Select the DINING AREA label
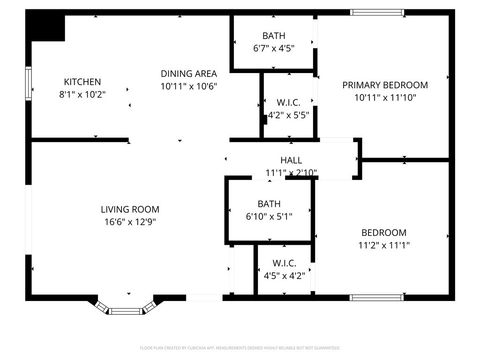coord(189,73)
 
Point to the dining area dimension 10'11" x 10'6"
coord(189,86)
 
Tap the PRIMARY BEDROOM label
coord(385,85)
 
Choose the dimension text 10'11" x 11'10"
coord(385,98)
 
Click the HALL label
coord(291,160)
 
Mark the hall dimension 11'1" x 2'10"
coord(291,173)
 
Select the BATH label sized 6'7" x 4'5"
coord(273,35)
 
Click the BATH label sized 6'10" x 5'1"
coord(269,204)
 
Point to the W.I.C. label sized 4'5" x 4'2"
coord(283,264)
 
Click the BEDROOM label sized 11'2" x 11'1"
coord(384,232)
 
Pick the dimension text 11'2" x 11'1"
coord(384,245)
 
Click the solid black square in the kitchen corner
coord(46,26)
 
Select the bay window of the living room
coord(128,304)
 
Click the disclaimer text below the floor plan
coord(240,348)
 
